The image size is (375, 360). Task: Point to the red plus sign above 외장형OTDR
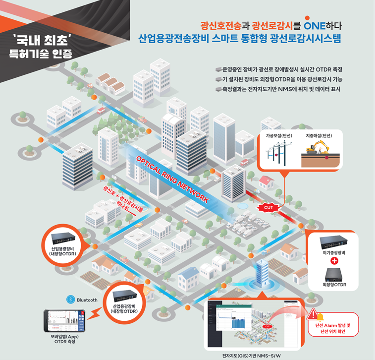pyautogui.click(x=334, y=261)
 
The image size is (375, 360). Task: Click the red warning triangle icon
pyautogui.click(x=313, y=314)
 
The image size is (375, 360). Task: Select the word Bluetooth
pyautogui.click(x=88, y=300)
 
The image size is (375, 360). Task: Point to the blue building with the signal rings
pyautogui.click(x=262, y=271)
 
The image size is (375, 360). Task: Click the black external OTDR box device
pyautogui.click(x=334, y=273)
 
